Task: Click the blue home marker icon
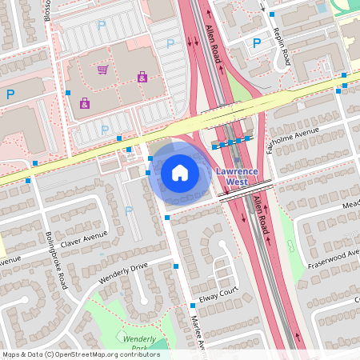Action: (180, 172)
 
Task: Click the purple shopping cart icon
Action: (102, 70)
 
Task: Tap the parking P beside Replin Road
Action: (257, 44)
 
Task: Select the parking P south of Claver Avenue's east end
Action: (129, 211)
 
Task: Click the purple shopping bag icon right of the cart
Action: (142, 77)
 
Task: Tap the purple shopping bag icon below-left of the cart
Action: (85, 102)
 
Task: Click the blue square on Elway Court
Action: (193, 306)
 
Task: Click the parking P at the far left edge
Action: (10, 94)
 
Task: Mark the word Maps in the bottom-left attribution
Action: (11, 354)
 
